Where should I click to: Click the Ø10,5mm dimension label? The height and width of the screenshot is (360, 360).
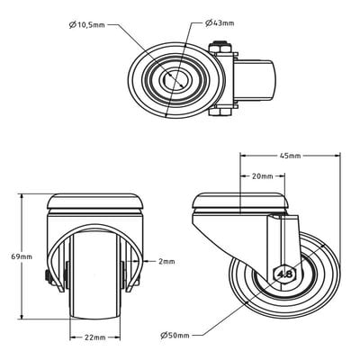point(87,25)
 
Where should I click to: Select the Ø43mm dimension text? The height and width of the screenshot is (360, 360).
point(220,23)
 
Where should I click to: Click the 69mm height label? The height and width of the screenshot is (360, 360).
point(22,256)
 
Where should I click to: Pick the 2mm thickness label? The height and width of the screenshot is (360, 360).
point(166,262)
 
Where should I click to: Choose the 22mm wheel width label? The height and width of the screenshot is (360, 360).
point(94,337)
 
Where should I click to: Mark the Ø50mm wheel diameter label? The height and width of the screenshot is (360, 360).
point(175,336)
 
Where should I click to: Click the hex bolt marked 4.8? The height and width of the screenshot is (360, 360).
point(284,274)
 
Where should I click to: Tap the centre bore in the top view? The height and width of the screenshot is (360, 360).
point(175,79)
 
